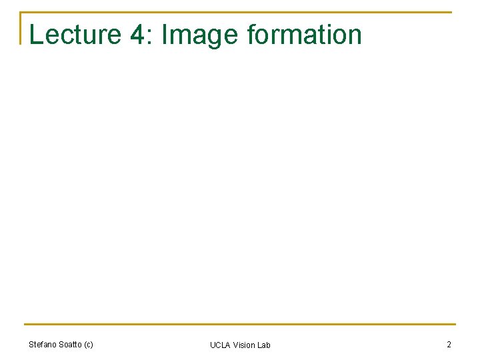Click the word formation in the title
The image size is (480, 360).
point(304,35)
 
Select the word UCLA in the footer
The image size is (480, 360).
point(220,345)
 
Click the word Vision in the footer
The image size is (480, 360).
point(244,345)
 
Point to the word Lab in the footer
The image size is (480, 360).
point(264,345)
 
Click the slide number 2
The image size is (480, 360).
point(449,345)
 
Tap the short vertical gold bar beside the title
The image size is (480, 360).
point(21,28)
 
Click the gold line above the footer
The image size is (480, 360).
point(240,325)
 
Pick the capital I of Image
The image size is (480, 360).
point(165,35)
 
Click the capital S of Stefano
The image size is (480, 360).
point(31,345)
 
